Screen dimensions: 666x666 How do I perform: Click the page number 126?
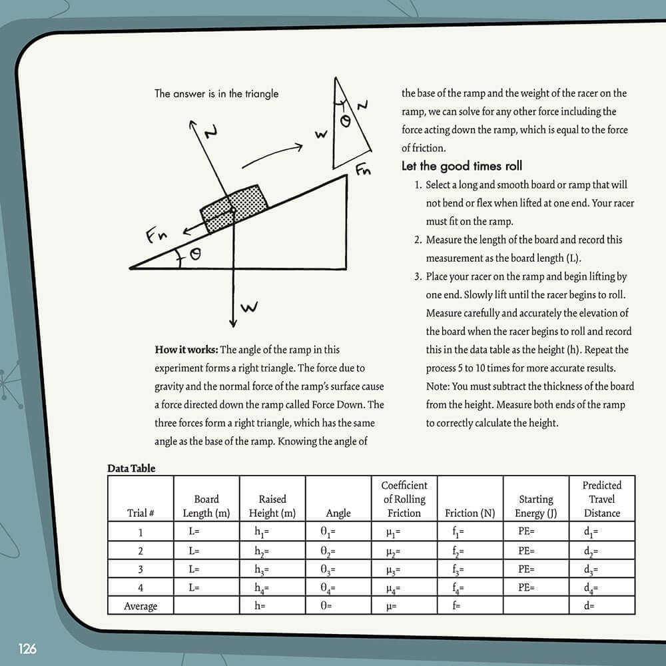tap(27, 649)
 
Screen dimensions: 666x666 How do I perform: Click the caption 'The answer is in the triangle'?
tap(216, 94)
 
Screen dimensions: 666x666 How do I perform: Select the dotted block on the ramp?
tap(234, 208)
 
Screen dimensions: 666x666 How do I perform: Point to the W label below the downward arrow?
tap(248, 308)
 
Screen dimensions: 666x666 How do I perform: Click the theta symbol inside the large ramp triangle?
tap(194, 254)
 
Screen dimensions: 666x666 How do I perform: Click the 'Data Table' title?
tap(131, 468)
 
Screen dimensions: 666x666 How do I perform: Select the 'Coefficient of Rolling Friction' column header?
tap(404, 499)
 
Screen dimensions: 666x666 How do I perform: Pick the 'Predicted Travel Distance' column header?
tap(601, 499)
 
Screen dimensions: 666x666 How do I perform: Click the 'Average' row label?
tap(141, 606)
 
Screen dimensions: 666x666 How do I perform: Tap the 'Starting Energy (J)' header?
tap(535, 506)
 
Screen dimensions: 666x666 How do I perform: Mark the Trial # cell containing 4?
tap(141, 588)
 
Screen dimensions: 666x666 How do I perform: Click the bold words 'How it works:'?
tap(186, 350)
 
